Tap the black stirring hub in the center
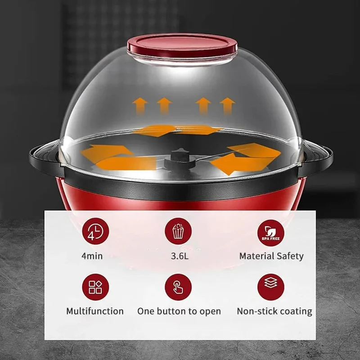click(x=180, y=159)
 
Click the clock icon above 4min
click(x=95, y=231)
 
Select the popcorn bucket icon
click(x=178, y=231)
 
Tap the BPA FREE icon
click(x=271, y=233)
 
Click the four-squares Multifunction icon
click(x=95, y=287)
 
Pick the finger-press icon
click(x=178, y=287)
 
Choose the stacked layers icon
click(x=271, y=287)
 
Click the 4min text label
click(x=92, y=256)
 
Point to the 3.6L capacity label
click(x=180, y=256)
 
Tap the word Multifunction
click(x=95, y=311)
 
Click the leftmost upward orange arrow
click(x=140, y=106)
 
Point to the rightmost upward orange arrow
click(x=227, y=106)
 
